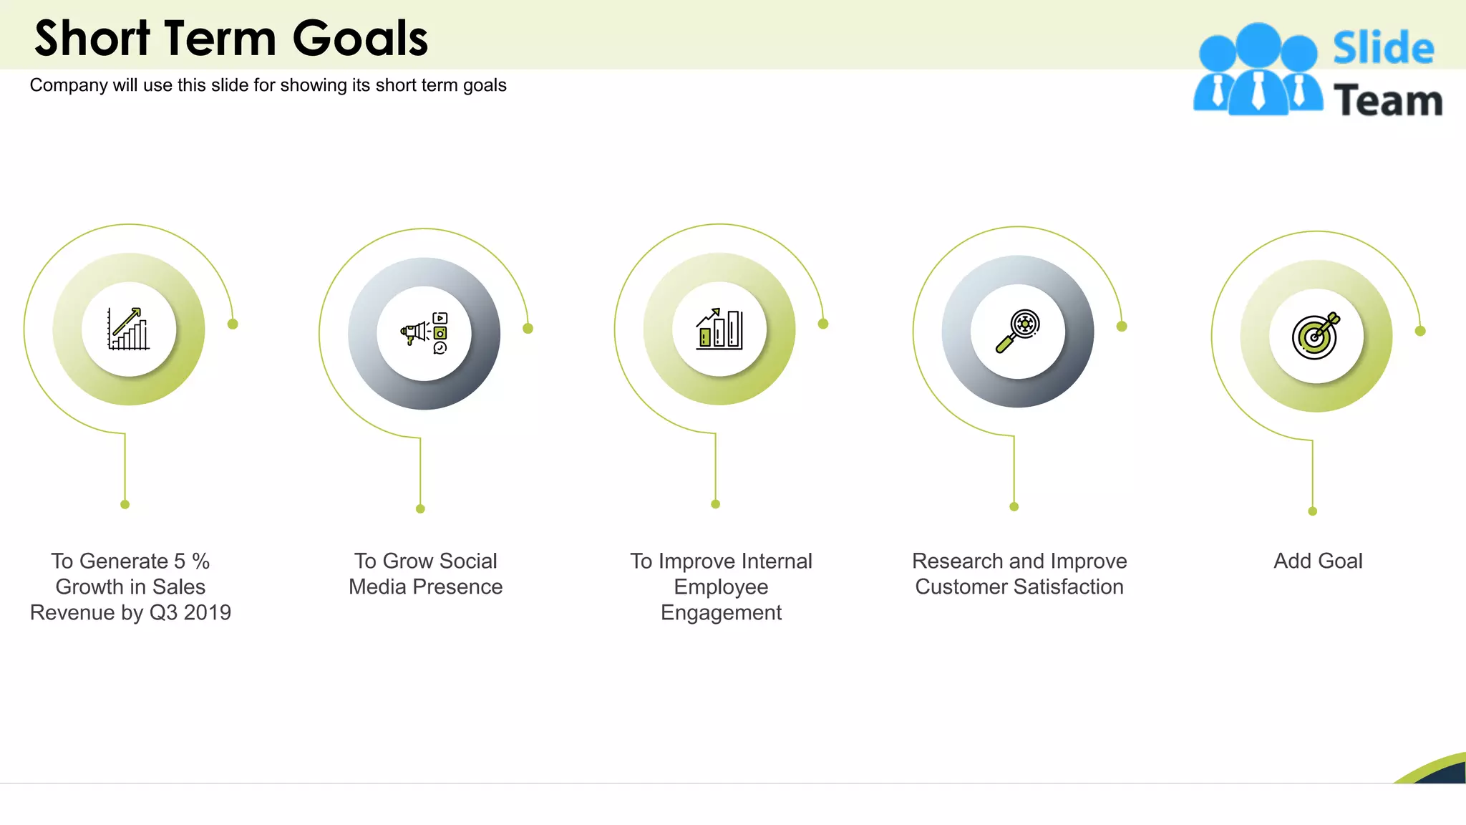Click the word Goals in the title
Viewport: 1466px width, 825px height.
tap(360, 39)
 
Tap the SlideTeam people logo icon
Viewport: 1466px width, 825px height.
tap(1258, 70)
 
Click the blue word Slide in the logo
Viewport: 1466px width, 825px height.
tap(1383, 48)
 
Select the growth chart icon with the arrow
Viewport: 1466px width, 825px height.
tap(129, 329)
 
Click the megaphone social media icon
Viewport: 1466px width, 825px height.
tap(424, 333)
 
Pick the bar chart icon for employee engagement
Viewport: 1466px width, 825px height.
tap(719, 329)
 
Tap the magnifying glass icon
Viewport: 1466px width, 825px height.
tap(1017, 332)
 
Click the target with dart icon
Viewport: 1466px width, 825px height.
tap(1316, 336)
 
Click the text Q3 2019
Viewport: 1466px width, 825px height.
tap(190, 613)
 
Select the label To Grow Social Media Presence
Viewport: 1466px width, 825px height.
tap(425, 574)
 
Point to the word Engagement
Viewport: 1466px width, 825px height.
tap(721, 613)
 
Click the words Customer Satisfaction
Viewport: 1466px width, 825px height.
tap(1019, 587)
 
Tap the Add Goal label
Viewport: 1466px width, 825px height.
tap(1317, 561)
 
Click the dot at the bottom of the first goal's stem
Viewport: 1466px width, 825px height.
tap(125, 504)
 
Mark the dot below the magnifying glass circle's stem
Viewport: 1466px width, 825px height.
tap(1014, 506)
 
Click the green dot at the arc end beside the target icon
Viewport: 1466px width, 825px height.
tap(1420, 331)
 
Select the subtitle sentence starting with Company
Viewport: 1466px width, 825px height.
tap(268, 85)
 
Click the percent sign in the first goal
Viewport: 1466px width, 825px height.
tap(200, 561)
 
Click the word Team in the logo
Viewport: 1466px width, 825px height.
tap(1387, 100)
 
